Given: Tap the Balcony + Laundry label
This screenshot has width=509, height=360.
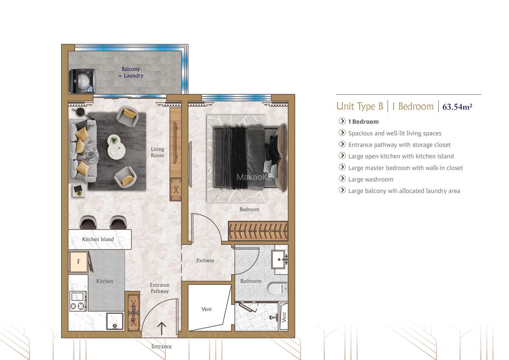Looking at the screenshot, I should (131, 73).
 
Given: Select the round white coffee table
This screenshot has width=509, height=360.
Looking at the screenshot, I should (114, 140).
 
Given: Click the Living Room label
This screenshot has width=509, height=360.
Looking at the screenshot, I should (157, 152).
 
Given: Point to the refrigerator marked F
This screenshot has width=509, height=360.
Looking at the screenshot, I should (78, 262).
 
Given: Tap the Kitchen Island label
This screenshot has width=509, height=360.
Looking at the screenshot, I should (98, 239).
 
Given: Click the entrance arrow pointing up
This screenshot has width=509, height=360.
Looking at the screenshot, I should (162, 328).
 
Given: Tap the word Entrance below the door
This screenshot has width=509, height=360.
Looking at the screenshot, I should (162, 346).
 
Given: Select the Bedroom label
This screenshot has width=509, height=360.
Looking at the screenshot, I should (249, 209).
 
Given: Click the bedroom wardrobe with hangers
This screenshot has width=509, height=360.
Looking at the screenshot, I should (258, 231).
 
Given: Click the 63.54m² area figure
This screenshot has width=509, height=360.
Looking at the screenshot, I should (457, 107).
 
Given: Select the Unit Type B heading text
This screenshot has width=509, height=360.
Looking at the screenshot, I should (360, 106).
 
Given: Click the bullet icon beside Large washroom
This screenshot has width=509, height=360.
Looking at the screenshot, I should (342, 179).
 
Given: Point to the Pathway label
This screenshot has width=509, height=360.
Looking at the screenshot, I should (205, 260).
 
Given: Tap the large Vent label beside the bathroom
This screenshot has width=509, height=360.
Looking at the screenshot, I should (207, 309).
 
